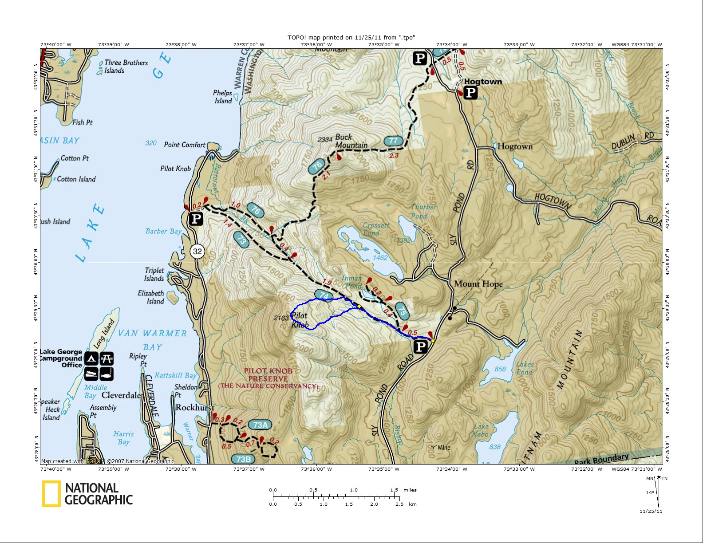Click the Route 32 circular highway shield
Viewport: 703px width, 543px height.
point(197,251)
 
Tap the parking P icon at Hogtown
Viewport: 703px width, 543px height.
point(470,93)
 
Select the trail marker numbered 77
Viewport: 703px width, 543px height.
point(393,141)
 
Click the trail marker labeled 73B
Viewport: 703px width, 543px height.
point(243,459)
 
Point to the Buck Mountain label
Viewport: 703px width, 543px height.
point(351,141)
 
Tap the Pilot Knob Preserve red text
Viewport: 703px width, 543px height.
point(268,378)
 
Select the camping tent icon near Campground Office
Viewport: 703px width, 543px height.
point(91,358)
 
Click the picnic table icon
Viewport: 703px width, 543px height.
point(107,358)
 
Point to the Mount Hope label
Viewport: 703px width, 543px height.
point(478,284)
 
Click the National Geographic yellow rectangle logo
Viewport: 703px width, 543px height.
point(51,493)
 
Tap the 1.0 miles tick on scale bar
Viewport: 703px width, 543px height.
point(354,496)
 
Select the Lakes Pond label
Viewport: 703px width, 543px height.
point(525,368)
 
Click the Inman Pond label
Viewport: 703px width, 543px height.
point(352,282)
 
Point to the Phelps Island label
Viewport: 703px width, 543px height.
point(222,97)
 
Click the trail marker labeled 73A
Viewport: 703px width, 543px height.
point(260,425)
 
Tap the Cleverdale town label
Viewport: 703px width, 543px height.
point(121,395)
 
